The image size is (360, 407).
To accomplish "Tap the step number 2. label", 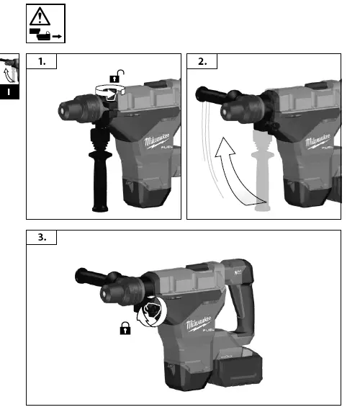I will pyautogui.click(x=203, y=61).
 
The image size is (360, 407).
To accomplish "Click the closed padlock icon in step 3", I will pyautogui.click(x=125, y=328).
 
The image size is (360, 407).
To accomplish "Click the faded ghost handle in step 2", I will pyautogui.click(x=261, y=173).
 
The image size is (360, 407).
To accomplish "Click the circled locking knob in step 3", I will pyautogui.click(x=154, y=312).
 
